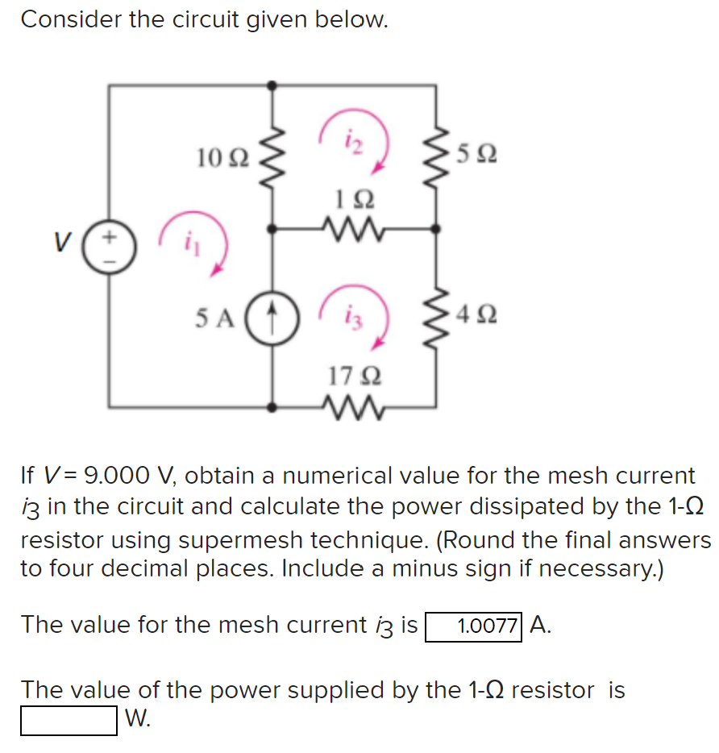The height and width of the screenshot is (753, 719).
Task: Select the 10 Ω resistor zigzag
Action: click(272, 153)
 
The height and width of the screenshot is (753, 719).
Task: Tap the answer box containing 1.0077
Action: click(475, 626)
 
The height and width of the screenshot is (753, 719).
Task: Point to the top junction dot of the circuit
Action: click(272, 84)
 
